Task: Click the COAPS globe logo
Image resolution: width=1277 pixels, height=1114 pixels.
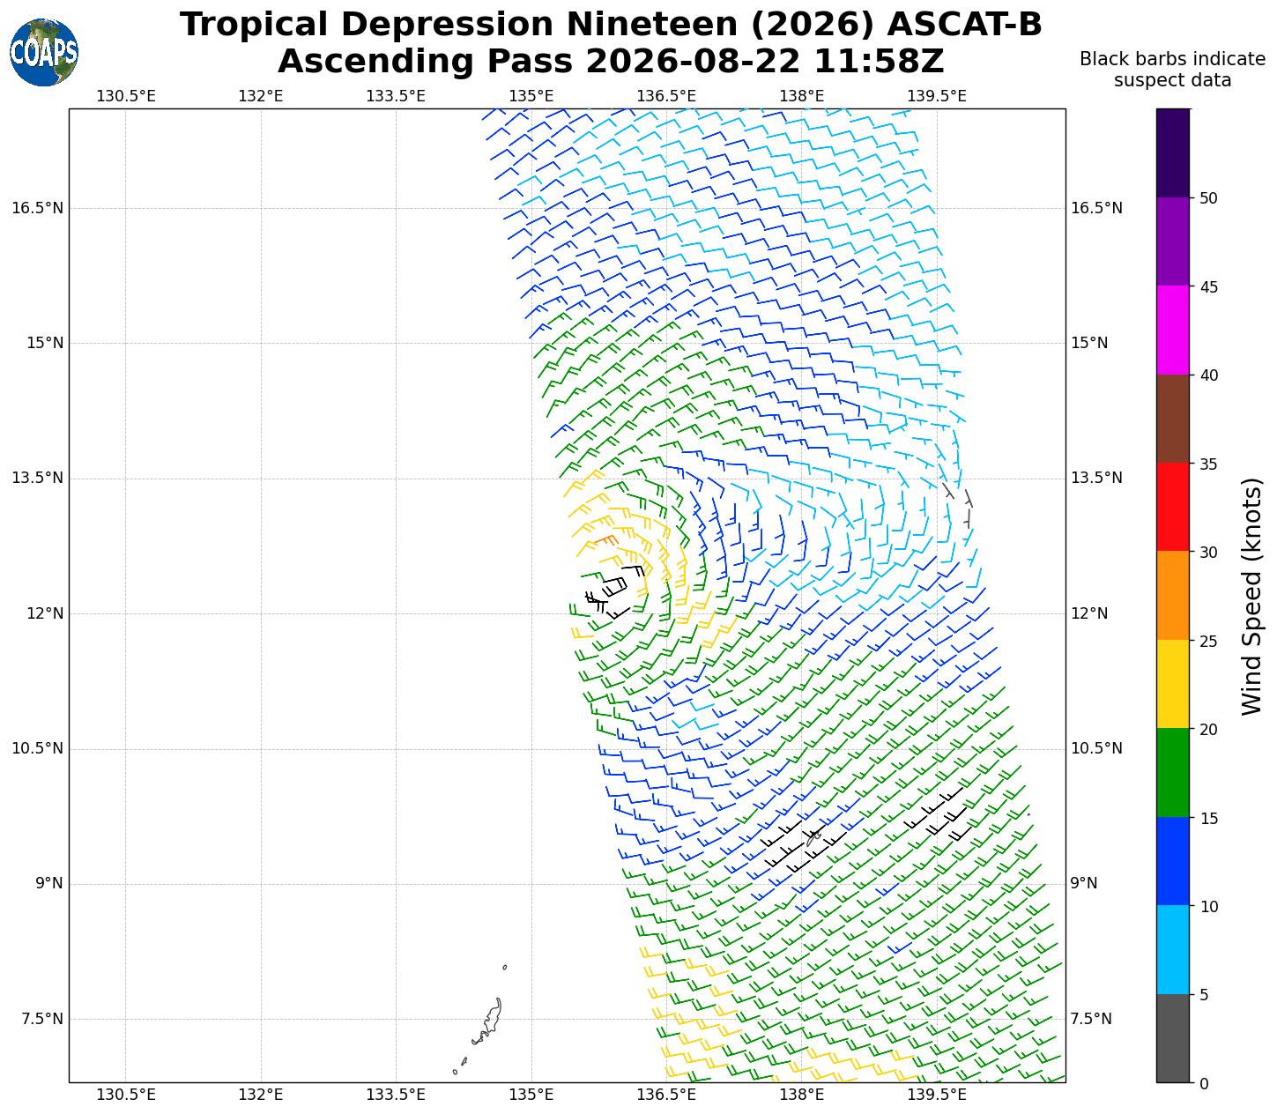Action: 44,52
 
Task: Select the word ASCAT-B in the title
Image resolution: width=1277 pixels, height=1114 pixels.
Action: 964,25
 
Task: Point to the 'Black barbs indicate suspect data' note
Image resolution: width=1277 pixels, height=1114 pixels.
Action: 1172,70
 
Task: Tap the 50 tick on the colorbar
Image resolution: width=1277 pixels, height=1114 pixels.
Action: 1208,198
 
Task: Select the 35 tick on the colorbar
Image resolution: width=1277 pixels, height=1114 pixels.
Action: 1208,464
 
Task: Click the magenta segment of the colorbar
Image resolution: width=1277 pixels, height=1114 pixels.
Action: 1173,330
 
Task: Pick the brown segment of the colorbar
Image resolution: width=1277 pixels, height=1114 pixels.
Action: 1173,419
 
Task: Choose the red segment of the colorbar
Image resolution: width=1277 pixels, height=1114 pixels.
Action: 1173,507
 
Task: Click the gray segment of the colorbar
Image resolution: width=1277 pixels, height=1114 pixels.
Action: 1173,1038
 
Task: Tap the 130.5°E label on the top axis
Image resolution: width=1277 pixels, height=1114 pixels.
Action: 125,96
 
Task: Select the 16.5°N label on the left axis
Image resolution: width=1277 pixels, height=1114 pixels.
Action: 37,208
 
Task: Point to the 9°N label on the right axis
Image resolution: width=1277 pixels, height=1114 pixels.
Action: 1084,883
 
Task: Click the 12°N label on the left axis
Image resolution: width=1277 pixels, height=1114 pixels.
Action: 44,613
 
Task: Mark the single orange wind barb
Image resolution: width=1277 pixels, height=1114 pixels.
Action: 606,540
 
